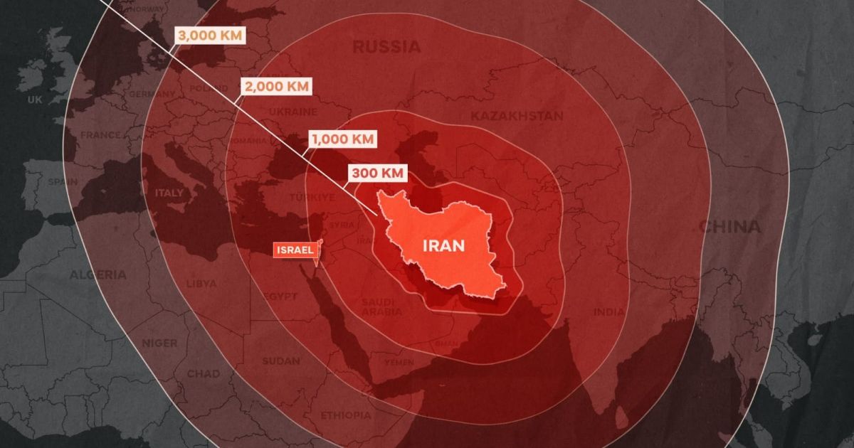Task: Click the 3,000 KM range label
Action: click(x=211, y=36)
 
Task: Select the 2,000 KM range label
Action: click(x=277, y=87)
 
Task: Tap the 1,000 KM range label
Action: click(x=343, y=139)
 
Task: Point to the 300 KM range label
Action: click(x=378, y=173)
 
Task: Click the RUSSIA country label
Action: click(x=386, y=48)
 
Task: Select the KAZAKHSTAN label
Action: click(x=517, y=116)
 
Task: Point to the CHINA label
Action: click(x=729, y=228)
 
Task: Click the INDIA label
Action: click(x=609, y=312)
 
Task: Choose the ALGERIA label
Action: click(x=97, y=274)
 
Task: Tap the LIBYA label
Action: click(x=201, y=284)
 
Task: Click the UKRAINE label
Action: click(x=292, y=112)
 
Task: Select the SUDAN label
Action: click(x=280, y=361)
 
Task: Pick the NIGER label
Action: click(x=159, y=343)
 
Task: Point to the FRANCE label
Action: click(x=100, y=135)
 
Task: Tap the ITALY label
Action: click(x=169, y=193)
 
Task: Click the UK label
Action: click(x=35, y=100)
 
